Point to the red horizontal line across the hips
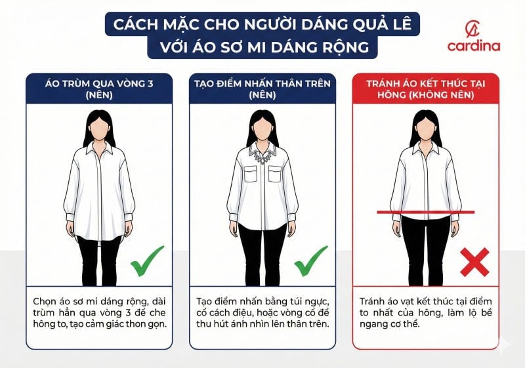tap(425, 212)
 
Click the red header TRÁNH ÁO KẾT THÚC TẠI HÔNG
tap(425, 89)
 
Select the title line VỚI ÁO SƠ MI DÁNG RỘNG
tap(262, 47)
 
